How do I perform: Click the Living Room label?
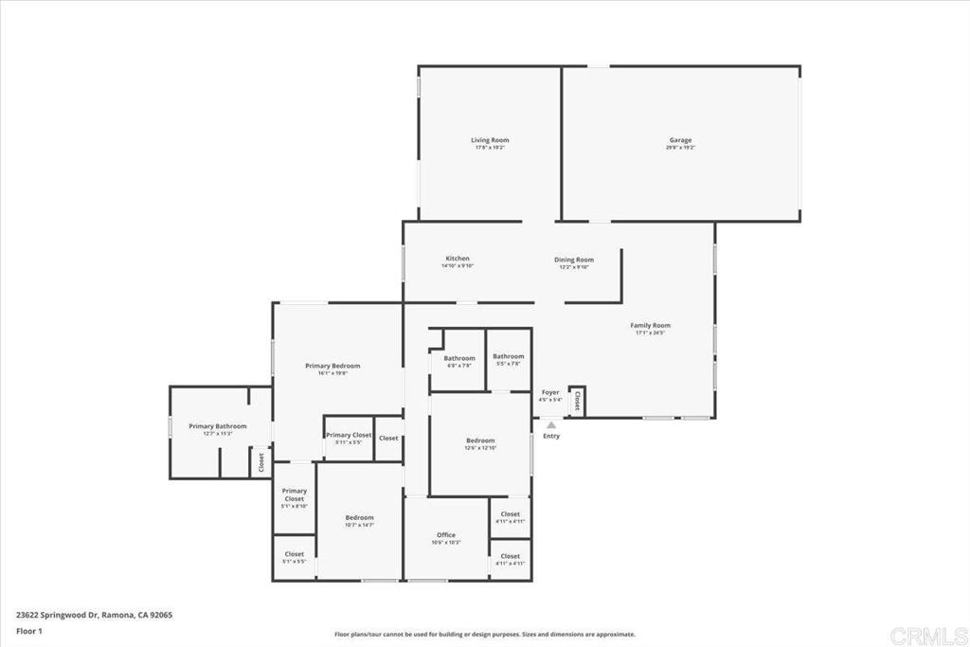point(490,140)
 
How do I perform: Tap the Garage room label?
point(680,140)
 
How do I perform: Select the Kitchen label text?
point(458,259)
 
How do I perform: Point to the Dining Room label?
point(574,260)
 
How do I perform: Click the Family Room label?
point(651,325)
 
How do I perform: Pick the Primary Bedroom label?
point(332,366)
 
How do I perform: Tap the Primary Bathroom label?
point(217,426)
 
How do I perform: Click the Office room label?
point(446,535)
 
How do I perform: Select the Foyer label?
point(550,392)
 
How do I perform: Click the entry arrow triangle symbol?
point(550,425)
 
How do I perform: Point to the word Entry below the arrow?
point(551,437)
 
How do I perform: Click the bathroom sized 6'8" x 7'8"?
point(459,358)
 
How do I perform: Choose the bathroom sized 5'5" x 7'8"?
point(509,356)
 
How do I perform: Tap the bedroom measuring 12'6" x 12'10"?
point(480,440)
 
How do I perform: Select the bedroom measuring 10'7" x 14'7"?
point(359,517)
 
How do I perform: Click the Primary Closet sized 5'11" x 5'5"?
point(349,435)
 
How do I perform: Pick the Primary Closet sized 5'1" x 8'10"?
point(294,494)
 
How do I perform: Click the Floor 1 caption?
point(29,630)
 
